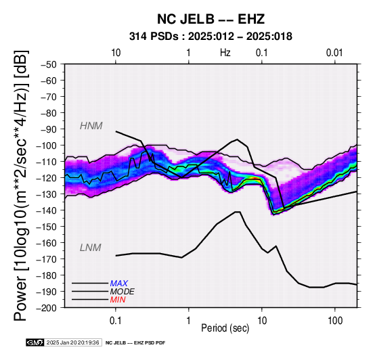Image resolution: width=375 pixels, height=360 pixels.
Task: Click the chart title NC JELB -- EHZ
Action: [x=211, y=19]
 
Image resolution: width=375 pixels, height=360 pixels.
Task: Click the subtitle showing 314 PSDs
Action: [x=211, y=37]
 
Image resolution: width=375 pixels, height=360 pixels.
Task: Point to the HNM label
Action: [x=91, y=126]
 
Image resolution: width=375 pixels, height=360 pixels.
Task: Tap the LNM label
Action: [x=91, y=248]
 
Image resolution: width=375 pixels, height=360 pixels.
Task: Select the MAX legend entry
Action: [x=119, y=284]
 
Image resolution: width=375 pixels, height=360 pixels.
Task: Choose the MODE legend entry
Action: [x=123, y=292]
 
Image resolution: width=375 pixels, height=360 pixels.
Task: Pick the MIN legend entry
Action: [x=118, y=300]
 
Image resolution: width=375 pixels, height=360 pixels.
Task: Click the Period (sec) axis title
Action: [x=225, y=328]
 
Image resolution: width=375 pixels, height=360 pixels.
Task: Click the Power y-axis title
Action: [x=21, y=185]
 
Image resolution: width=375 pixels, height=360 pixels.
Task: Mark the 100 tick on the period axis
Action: [x=335, y=321]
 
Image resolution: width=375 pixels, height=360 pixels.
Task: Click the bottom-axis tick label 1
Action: [x=189, y=321]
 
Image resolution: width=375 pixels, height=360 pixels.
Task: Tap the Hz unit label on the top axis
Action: [x=225, y=53]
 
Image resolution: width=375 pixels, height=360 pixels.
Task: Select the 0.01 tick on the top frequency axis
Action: [x=334, y=53]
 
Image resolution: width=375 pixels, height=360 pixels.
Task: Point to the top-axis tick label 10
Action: [x=116, y=53]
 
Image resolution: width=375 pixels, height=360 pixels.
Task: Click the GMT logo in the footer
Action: [x=35, y=342]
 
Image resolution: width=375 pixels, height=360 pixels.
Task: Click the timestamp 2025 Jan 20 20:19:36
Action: [x=72, y=342]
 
